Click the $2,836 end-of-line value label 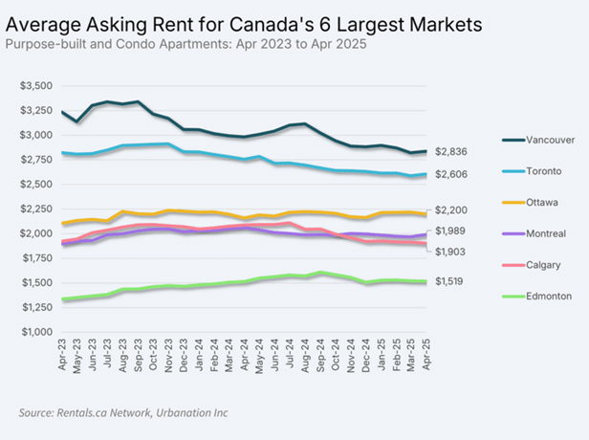(x=450, y=151)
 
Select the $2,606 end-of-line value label (x=450, y=174)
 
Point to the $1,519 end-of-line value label (x=450, y=281)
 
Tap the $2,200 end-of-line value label (x=450, y=210)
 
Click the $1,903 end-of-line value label (x=450, y=251)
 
